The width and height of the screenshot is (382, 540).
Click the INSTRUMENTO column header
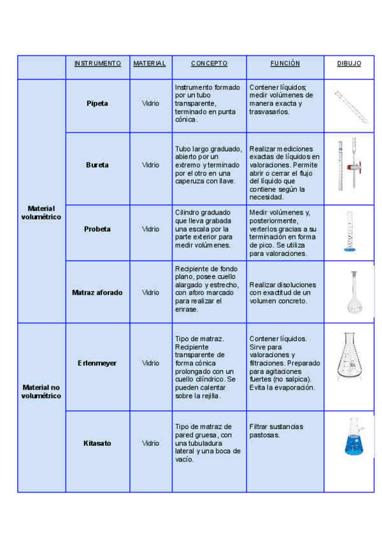(x=97, y=64)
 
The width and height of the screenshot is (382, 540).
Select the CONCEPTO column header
(x=209, y=64)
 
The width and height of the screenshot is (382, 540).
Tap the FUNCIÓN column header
(x=285, y=64)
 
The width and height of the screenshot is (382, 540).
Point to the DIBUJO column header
(x=349, y=64)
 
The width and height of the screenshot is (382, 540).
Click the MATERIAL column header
(x=150, y=64)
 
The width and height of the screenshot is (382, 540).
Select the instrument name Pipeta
(x=97, y=103)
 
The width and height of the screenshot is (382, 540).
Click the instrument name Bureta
(x=97, y=165)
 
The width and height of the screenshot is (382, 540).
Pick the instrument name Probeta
(x=97, y=229)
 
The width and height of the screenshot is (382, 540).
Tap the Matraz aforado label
(x=97, y=293)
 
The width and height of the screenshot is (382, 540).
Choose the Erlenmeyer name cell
(x=97, y=363)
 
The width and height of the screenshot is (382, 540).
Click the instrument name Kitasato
(x=97, y=443)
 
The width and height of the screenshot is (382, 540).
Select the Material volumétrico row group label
(x=41, y=213)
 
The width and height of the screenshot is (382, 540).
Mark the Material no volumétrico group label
(x=41, y=391)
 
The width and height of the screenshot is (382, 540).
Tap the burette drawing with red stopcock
(x=349, y=164)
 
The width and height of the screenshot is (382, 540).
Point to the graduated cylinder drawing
(x=349, y=232)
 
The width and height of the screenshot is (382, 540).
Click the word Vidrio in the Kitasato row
(x=151, y=443)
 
